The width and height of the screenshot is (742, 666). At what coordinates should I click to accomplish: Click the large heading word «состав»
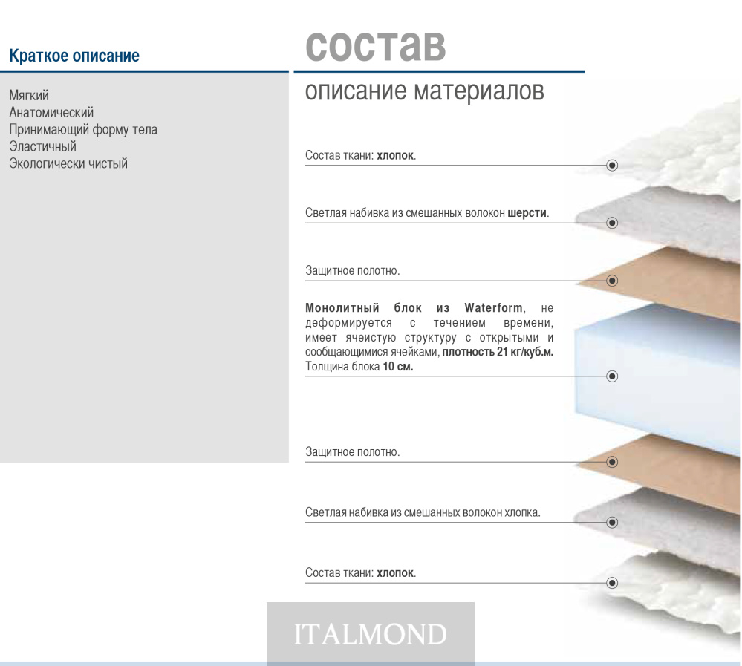[x=375, y=46]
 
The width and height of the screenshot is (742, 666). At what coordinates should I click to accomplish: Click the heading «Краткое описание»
[x=74, y=56]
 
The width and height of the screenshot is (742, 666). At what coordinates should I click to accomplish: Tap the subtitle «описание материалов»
[x=424, y=91]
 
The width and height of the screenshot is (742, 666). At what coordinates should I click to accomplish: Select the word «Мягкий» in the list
[x=29, y=96]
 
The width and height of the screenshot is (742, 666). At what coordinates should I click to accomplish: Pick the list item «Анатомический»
[x=51, y=113]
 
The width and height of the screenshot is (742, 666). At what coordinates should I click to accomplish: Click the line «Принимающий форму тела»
[x=83, y=130]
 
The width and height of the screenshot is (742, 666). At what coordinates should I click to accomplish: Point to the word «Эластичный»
[x=42, y=146]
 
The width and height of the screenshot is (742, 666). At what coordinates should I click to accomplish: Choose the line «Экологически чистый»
[x=68, y=163]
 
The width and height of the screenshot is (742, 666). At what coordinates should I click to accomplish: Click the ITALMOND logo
[x=371, y=634]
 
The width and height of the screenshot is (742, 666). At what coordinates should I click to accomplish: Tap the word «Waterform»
[x=495, y=308]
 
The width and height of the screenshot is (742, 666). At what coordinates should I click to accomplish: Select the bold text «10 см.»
[x=398, y=367]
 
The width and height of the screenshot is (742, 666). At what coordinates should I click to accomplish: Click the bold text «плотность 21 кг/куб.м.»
[x=498, y=352]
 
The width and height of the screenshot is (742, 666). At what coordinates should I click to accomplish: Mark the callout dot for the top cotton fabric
[x=612, y=165]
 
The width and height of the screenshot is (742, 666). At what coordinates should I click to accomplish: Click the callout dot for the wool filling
[x=612, y=223]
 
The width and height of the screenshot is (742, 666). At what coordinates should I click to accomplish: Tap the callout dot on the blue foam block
[x=612, y=376]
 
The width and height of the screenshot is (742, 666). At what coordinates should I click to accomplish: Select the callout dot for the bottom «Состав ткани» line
[x=612, y=583]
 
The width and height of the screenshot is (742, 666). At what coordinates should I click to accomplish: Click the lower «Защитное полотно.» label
[x=353, y=452]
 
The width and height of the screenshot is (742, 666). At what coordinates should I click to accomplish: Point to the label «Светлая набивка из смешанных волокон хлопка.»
[x=423, y=512]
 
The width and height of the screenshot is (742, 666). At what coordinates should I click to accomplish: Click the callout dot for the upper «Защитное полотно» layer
[x=612, y=281]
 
